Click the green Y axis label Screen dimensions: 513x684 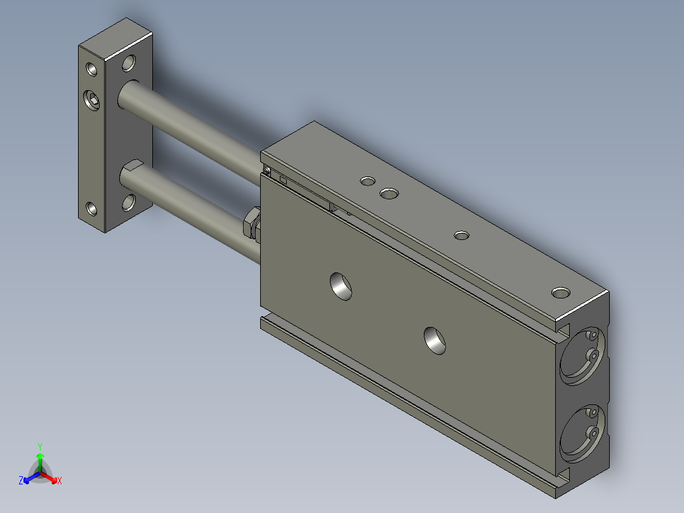pos(40,446)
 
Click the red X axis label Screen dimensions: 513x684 pos(59,481)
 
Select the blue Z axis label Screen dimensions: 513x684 pos(21,481)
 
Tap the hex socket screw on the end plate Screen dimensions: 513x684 pos(91,99)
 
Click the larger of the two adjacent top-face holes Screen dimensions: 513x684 pos(388,192)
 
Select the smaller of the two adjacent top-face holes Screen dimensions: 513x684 pos(367,182)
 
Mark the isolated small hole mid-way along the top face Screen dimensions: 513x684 pos(461,236)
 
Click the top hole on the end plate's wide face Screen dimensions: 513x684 pos(129,63)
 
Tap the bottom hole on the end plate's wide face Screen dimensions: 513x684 pos(129,203)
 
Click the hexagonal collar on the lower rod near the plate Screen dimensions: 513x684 pos(131,172)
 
